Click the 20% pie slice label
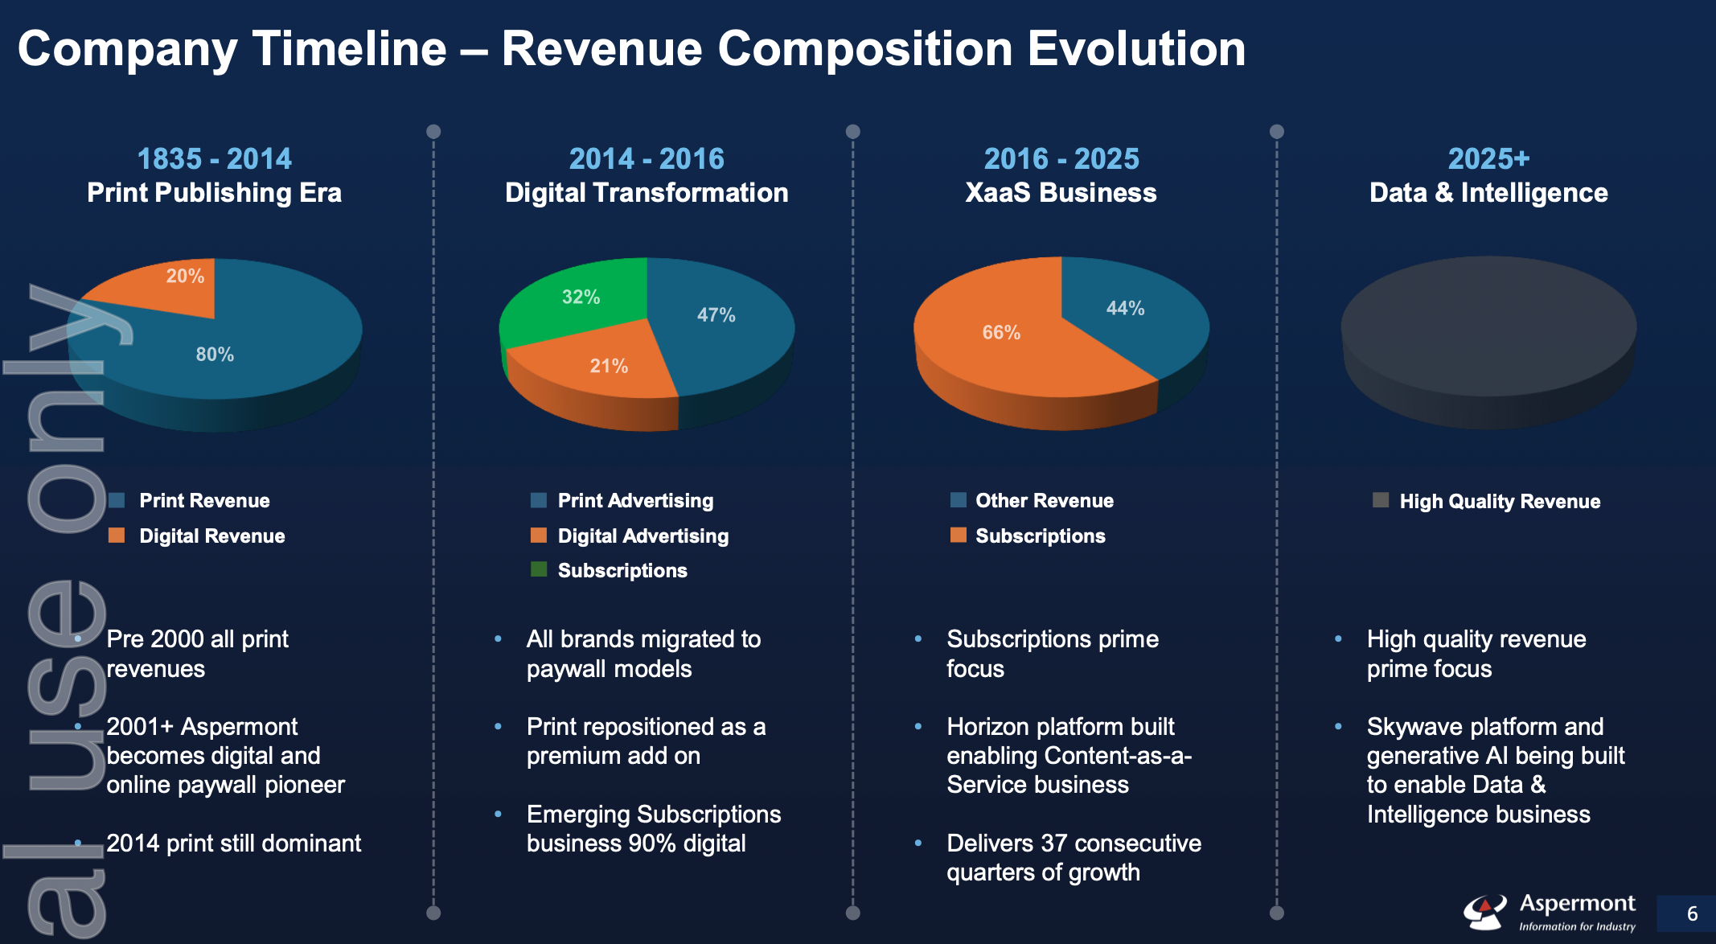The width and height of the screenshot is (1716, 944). [185, 277]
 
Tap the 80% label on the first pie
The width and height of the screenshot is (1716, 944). [215, 355]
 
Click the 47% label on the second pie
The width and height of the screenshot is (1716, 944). [716, 315]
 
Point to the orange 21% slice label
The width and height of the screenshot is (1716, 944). [609, 367]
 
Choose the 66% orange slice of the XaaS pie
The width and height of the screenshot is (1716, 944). [1001, 333]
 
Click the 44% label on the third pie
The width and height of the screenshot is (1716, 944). [1125, 309]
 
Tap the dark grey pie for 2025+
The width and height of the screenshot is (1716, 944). [1488, 330]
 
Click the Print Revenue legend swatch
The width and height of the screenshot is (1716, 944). [117, 500]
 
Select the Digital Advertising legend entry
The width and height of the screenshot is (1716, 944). [642, 536]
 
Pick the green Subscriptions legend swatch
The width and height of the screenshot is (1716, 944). [539, 570]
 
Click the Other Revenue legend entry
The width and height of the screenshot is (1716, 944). [1044, 500]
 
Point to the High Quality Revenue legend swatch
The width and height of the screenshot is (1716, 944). [1381, 500]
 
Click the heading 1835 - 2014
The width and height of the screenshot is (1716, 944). [214, 158]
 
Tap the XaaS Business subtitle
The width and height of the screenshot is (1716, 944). [1061, 193]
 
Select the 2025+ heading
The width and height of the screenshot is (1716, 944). [1488, 158]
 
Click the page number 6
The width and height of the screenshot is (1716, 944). [1692, 913]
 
